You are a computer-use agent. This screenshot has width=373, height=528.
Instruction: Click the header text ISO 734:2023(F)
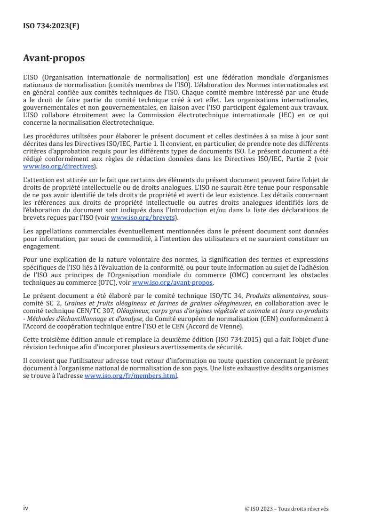click(x=51, y=26)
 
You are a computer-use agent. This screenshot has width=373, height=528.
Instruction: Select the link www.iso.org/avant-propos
click(x=173, y=283)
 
